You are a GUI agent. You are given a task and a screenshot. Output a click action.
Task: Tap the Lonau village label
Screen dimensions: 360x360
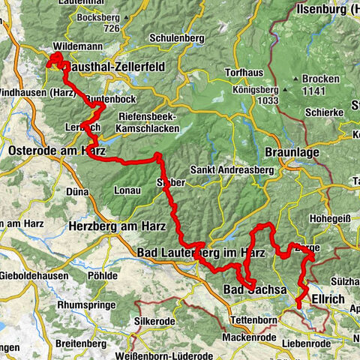(127, 191)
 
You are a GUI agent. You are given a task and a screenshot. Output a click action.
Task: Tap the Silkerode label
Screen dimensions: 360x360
(156, 319)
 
